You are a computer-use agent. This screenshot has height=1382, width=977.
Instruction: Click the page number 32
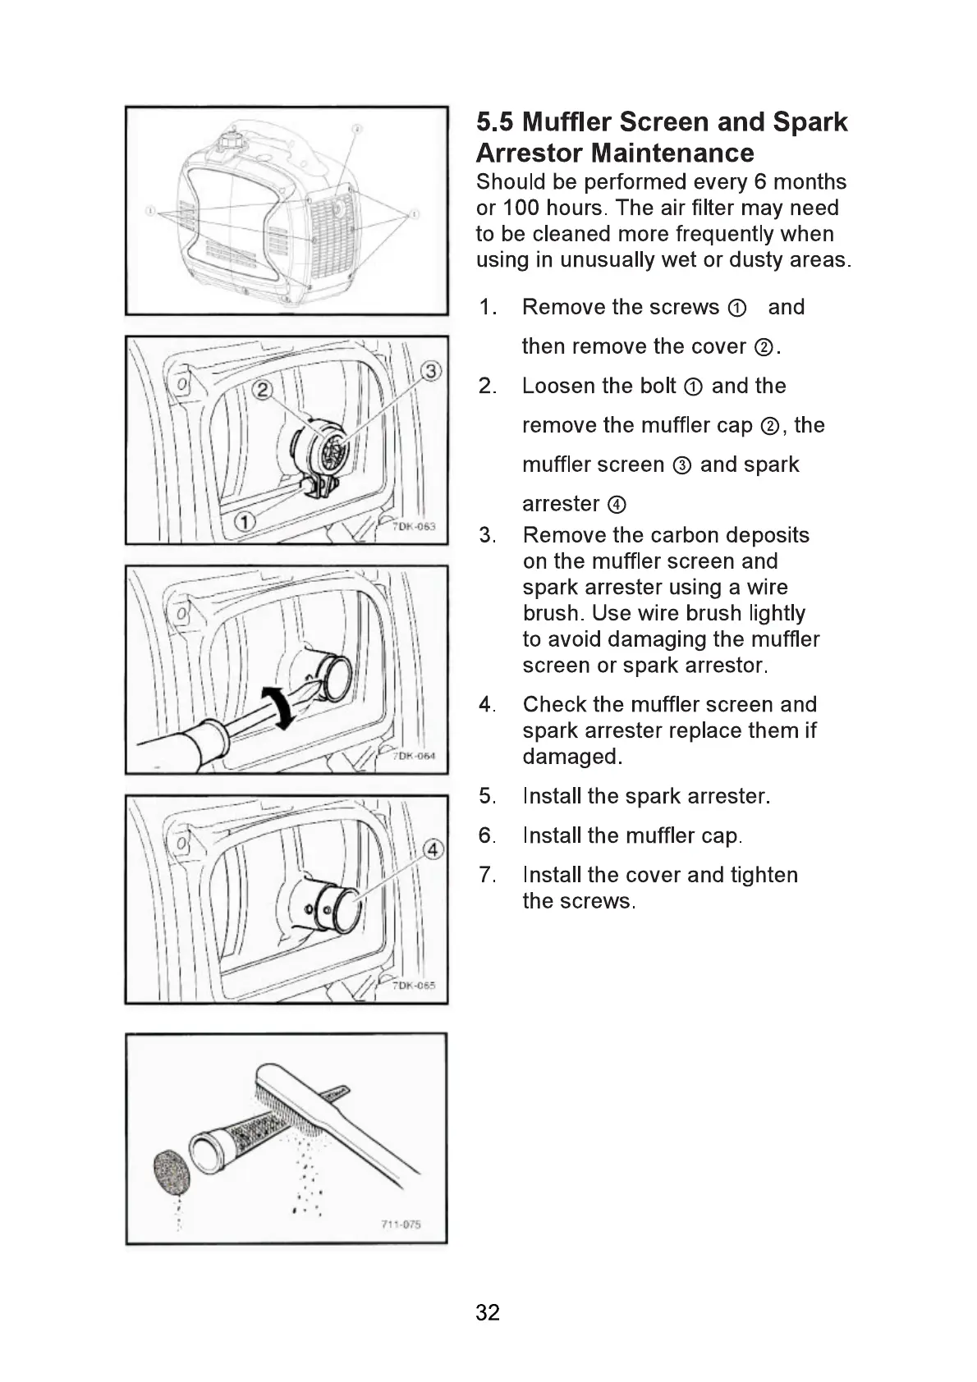coord(487,1312)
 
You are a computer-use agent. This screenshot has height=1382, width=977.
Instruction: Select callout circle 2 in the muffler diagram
coord(262,390)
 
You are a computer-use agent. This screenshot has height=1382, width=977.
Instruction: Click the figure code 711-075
coord(401,1224)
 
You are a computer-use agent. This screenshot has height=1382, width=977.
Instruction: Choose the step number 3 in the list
coord(487,536)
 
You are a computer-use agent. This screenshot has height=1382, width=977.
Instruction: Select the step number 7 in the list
coord(487,875)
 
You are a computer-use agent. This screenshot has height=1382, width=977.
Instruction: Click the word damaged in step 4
coord(571,757)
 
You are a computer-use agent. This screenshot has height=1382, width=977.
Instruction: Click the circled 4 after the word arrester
coord(617,505)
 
